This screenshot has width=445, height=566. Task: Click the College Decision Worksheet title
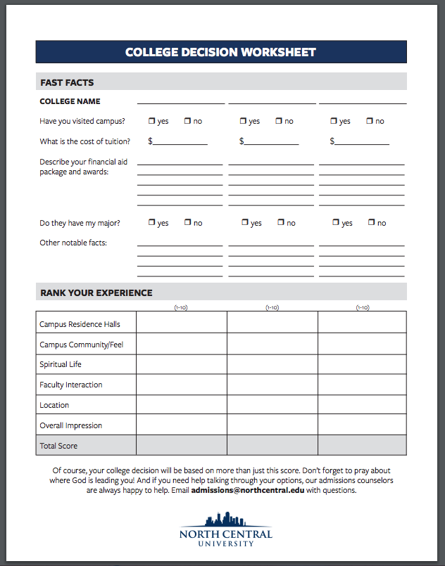[x=220, y=52]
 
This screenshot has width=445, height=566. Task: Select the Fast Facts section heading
[x=67, y=82]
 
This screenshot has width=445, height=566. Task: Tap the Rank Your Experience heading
[x=96, y=292]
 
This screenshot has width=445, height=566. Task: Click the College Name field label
[x=70, y=102]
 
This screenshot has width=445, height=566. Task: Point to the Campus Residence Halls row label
[x=80, y=324]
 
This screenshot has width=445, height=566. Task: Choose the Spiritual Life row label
[x=61, y=364]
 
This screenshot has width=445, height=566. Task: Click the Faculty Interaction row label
[x=71, y=385]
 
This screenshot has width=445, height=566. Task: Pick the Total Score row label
[x=58, y=446]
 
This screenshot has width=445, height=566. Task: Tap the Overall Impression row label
[x=70, y=425]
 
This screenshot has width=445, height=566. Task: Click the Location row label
[x=54, y=405]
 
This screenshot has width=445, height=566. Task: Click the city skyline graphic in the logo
[x=225, y=521]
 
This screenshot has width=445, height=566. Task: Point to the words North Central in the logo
[x=225, y=534]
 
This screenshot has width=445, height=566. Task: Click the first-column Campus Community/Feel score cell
[x=182, y=344]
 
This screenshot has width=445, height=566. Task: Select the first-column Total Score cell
[x=182, y=445]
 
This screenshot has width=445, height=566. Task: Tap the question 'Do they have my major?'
[x=80, y=223]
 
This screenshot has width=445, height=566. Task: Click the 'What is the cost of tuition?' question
[x=84, y=141]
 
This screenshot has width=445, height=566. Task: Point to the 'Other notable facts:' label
[x=73, y=243]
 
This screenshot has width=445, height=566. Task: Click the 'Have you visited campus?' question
[x=82, y=121]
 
